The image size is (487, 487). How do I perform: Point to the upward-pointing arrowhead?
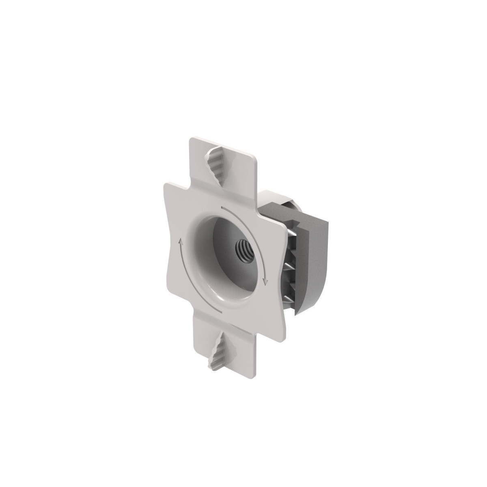(181, 241)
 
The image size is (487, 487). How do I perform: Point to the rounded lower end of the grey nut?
(302, 310)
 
